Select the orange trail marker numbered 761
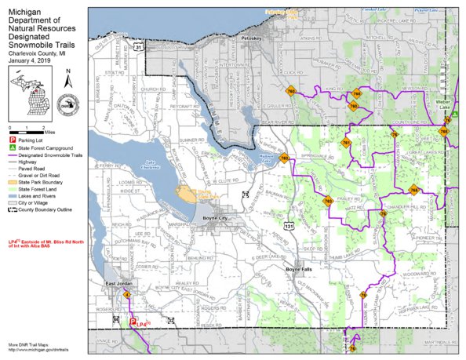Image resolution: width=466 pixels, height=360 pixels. (346, 144)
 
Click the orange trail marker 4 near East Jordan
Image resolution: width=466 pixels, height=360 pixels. (127, 294)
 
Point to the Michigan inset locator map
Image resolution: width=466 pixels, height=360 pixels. (31, 91)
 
